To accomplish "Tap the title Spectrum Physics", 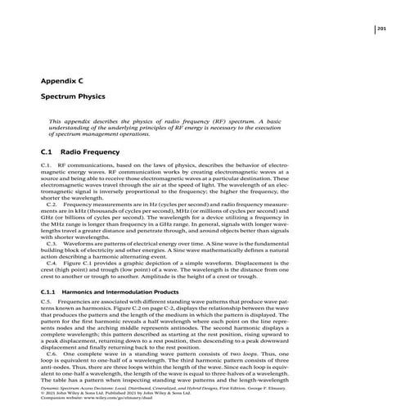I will [75, 97].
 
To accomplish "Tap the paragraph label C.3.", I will [61, 243].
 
